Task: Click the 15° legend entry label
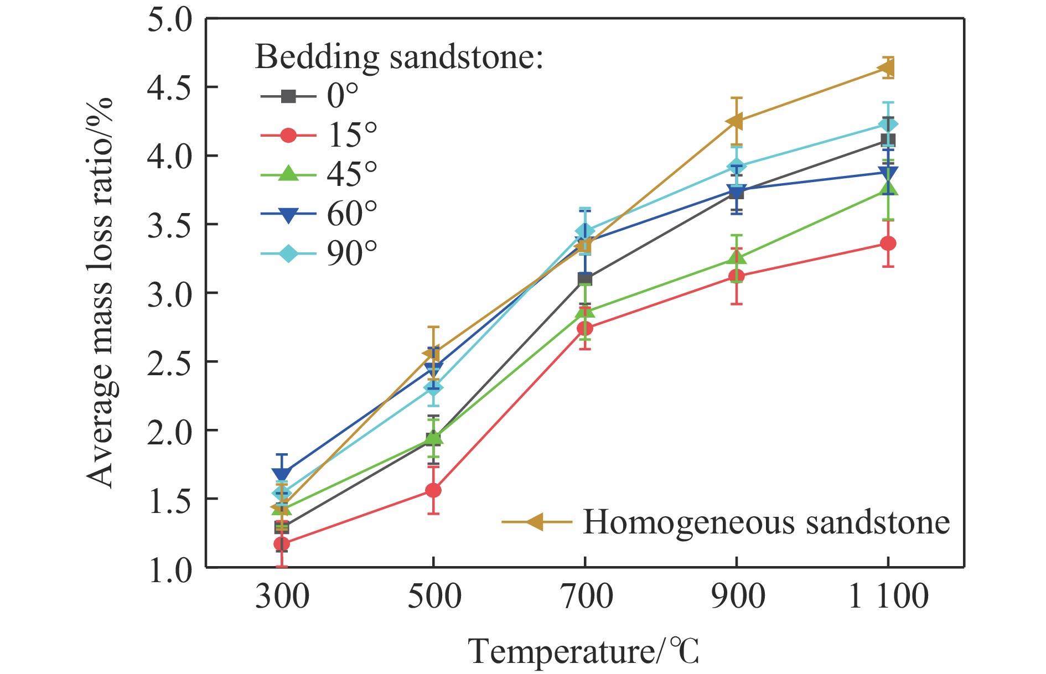point(352,134)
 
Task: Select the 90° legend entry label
point(352,254)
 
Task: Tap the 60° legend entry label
point(352,214)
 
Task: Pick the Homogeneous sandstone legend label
point(766,522)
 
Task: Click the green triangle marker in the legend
point(288,174)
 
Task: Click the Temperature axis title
point(583,651)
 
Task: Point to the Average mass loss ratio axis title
point(100,293)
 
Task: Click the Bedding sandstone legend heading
point(398,56)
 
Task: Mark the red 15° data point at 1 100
point(888,243)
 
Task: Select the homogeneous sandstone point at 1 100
point(887,69)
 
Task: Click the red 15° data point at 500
point(433,490)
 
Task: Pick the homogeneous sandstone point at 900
point(735,121)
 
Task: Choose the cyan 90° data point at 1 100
point(888,125)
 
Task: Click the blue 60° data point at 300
point(282,474)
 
